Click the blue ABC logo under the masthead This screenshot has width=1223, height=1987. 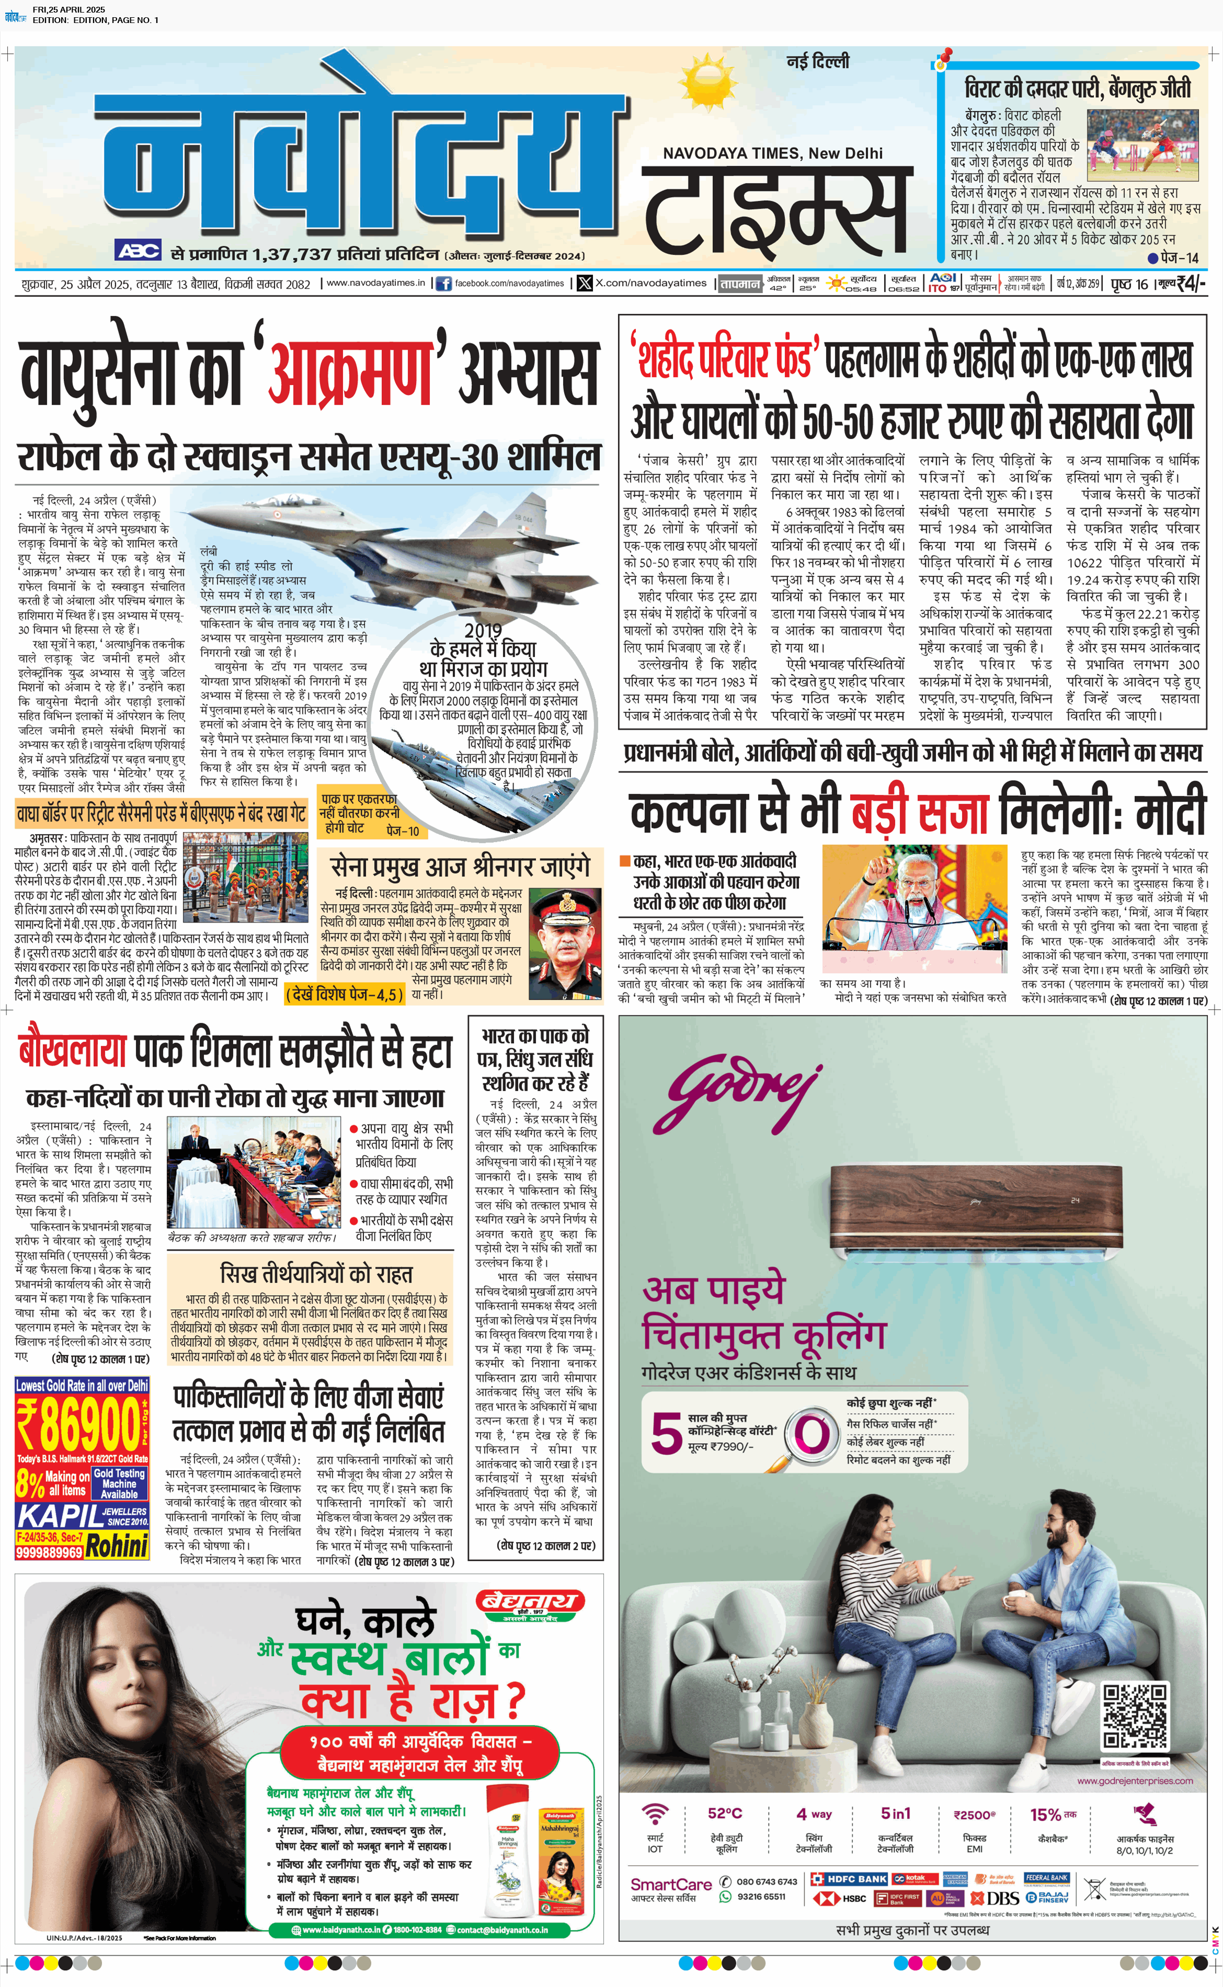point(138,250)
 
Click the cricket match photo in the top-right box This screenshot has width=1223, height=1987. point(1141,144)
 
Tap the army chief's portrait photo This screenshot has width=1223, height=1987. point(565,943)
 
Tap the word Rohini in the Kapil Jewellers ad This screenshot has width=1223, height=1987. point(117,1546)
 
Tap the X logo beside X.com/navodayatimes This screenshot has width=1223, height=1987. point(585,283)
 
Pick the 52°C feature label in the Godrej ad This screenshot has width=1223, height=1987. point(724,1813)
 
